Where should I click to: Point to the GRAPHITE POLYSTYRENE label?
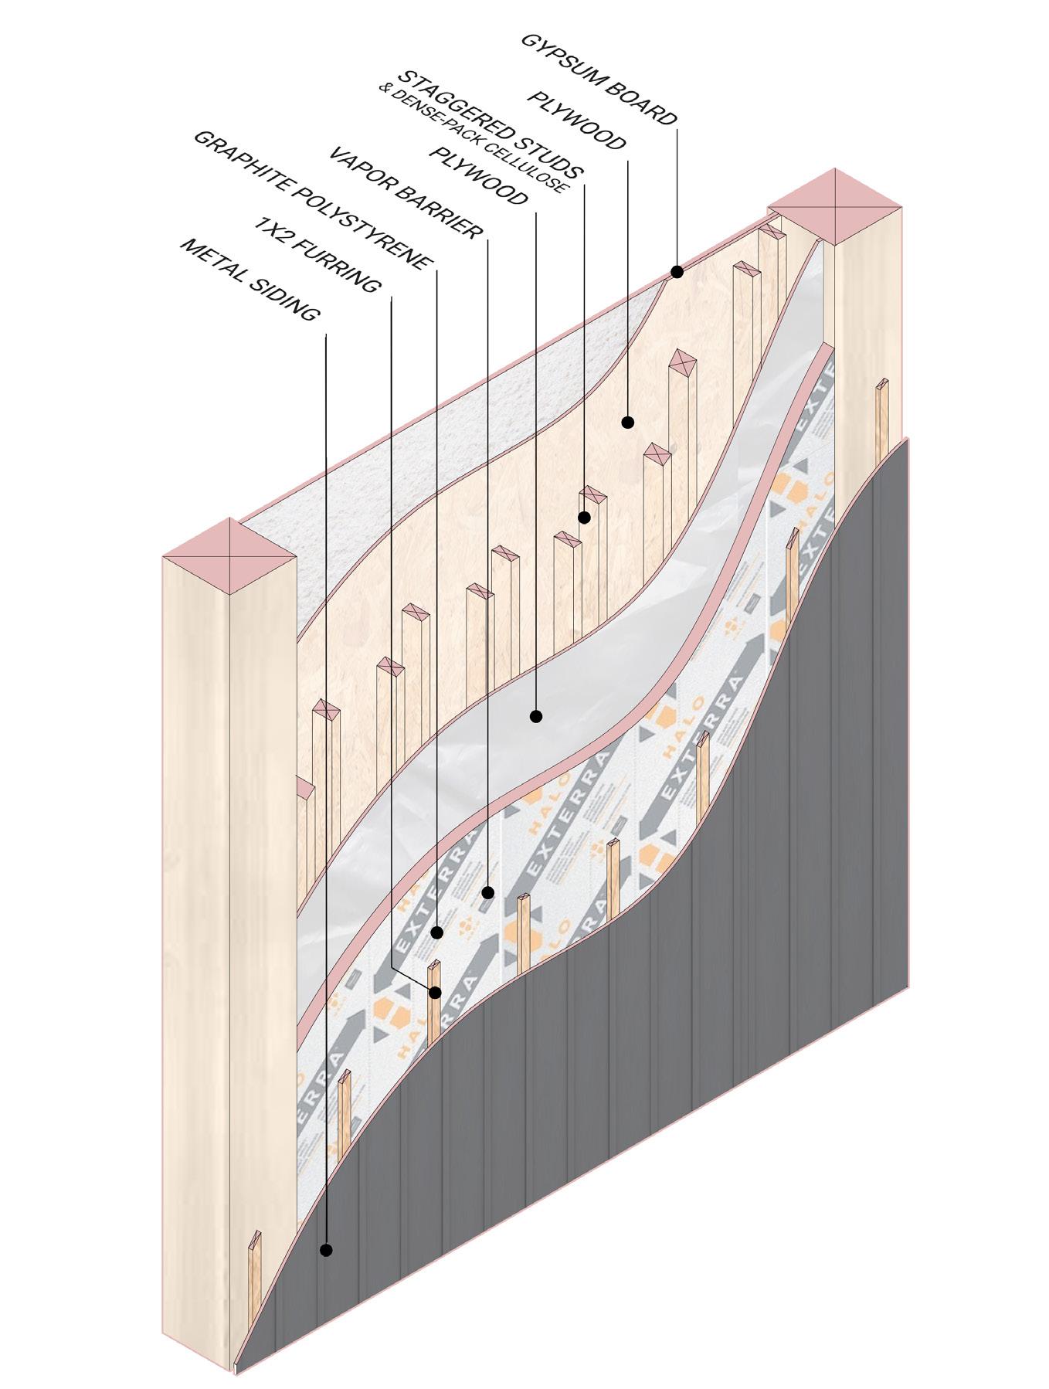(309, 200)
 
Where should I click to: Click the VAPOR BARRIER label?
(405, 192)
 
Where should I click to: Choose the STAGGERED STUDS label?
(491, 124)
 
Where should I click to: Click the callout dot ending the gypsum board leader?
(677, 272)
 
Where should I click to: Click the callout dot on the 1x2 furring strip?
(435, 992)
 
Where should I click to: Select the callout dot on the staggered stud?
(585, 517)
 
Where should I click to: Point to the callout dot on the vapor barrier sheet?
(535, 716)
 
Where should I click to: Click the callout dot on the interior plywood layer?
(627, 423)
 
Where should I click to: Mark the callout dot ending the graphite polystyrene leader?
(437, 932)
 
